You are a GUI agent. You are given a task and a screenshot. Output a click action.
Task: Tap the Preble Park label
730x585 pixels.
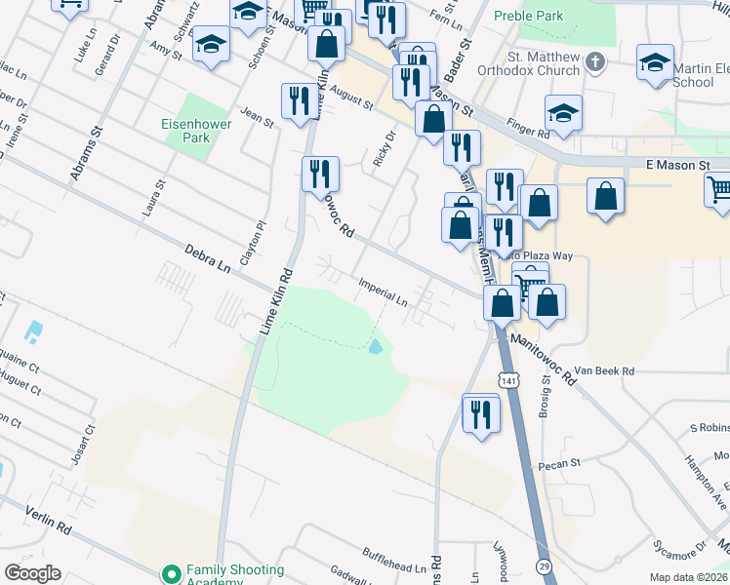coord(529,16)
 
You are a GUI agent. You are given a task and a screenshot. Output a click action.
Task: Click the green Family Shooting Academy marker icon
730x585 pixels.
coord(172,574)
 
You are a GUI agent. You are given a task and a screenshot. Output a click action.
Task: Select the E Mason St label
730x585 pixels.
coord(676,166)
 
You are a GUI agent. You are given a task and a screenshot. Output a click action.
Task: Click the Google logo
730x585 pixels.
coord(32,573)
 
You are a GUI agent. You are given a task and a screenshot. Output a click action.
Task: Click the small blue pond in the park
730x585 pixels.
coord(376,346)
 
